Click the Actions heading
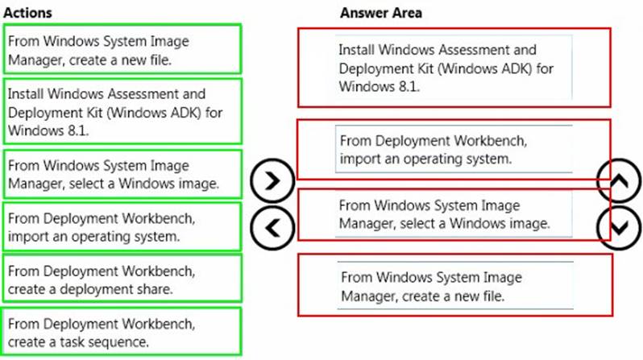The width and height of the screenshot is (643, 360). point(27,13)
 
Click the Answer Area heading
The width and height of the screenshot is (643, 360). point(380,13)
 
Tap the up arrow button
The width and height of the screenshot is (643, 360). point(619,180)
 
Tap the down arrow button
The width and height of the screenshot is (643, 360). point(619,228)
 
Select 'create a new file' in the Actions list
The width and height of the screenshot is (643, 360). point(122,49)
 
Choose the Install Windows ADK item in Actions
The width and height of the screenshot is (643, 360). point(122,111)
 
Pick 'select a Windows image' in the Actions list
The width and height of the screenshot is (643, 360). point(122,174)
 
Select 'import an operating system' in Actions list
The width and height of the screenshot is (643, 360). point(122,227)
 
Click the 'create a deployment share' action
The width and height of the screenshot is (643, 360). point(122,279)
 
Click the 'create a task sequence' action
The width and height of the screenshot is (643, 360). point(122,332)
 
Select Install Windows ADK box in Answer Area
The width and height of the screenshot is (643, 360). point(454,68)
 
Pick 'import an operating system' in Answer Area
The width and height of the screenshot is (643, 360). point(454,149)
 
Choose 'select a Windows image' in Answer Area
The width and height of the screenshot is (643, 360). point(454,214)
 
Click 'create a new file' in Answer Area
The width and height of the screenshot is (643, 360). point(455,285)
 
